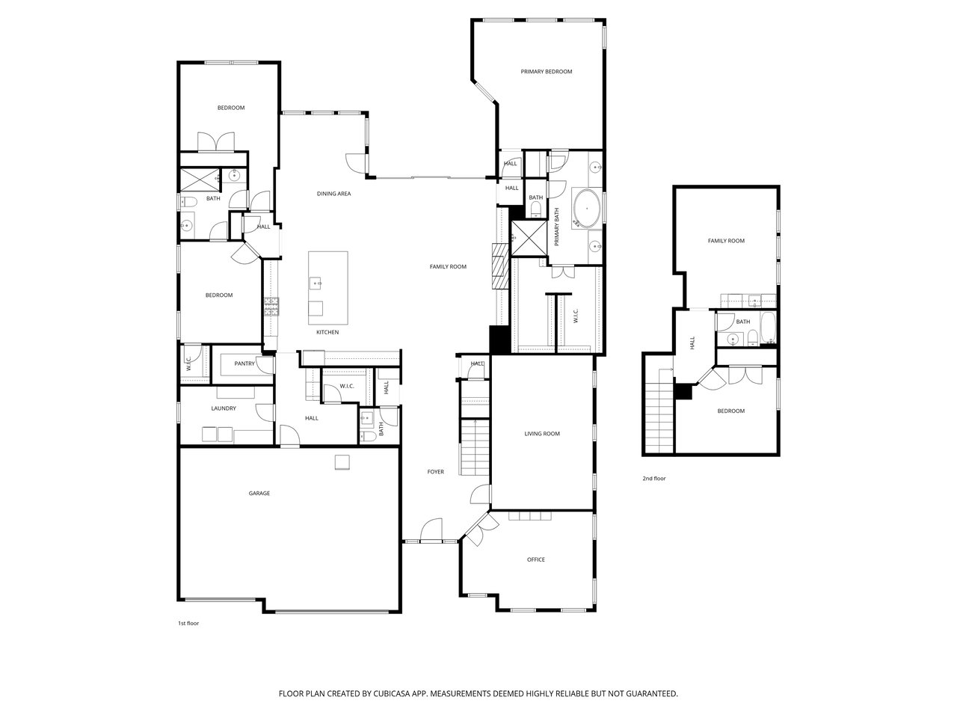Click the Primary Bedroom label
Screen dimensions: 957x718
(546, 72)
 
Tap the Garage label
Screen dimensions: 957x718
(259, 493)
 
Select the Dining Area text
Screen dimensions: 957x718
(333, 194)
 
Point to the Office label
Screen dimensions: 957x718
(536, 559)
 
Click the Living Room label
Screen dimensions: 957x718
(542, 433)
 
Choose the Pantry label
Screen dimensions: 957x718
(244, 363)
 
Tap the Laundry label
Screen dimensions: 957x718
(224, 408)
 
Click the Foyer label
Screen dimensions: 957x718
(436, 471)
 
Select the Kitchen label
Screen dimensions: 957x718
(327, 332)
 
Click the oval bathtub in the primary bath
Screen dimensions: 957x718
(587, 209)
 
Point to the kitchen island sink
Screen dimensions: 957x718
(316, 283)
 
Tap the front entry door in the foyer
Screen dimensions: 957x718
(431, 530)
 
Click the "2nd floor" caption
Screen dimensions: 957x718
(654, 478)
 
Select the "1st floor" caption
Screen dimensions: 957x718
(188, 623)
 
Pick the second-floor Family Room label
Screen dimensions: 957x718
(726, 240)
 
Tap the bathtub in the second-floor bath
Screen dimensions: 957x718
(768, 328)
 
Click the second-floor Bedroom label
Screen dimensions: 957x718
(730, 411)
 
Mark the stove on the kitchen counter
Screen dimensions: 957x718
(271, 307)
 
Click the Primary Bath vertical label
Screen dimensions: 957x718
(556, 227)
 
